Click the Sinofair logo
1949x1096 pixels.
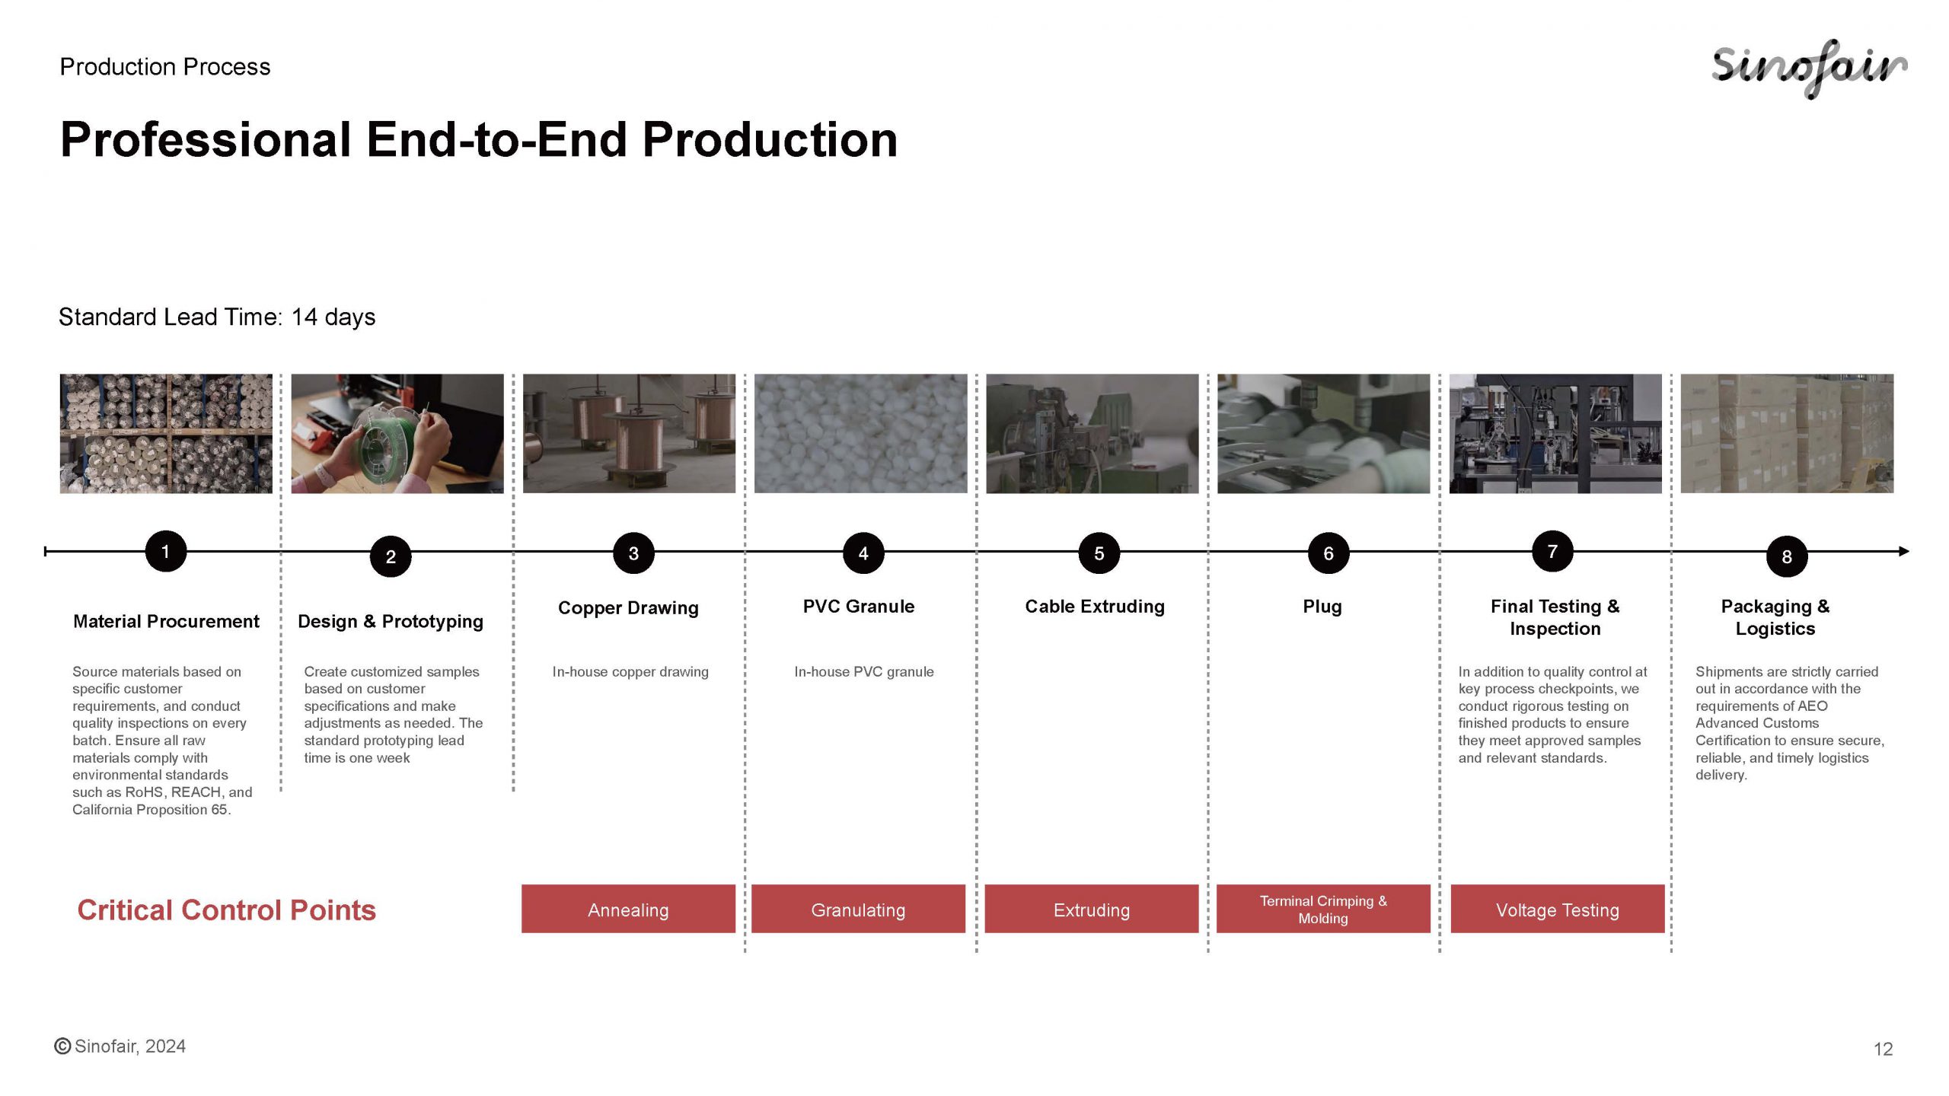pyautogui.click(x=1809, y=68)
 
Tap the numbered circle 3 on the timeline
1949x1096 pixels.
pyautogui.click(x=633, y=553)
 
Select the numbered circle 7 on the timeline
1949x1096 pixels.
pyautogui.click(x=1552, y=551)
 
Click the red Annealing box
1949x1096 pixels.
pyautogui.click(x=628, y=909)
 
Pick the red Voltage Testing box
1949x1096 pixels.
pyautogui.click(x=1558, y=909)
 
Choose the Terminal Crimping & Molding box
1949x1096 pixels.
pyautogui.click(x=1323, y=909)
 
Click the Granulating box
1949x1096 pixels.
pyautogui.click(x=858, y=909)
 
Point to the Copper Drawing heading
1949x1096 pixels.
pyautogui.click(x=628, y=608)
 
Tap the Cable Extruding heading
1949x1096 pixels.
pyautogui.click(x=1095, y=607)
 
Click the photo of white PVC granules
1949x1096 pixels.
pyautogui.click(x=860, y=433)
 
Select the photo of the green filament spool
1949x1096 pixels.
pyautogui.click(x=397, y=433)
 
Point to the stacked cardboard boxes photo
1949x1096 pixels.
pyautogui.click(x=1787, y=433)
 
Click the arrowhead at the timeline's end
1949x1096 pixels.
pyautogui.click(x=1904, y=551)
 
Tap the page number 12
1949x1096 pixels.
pyautogui.click(x=1883, y=1050)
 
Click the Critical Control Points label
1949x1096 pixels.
pyautogui.click(x=227, y=910)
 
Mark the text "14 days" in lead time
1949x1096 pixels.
pyautogui.click(x=333, y=317)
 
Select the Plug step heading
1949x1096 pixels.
pyautogui.click(x=1322, y=607)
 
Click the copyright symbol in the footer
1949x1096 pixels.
pyautogui.click(x=62, y=1047)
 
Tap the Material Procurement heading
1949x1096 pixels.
pyautogui.click(x=166, y=622)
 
